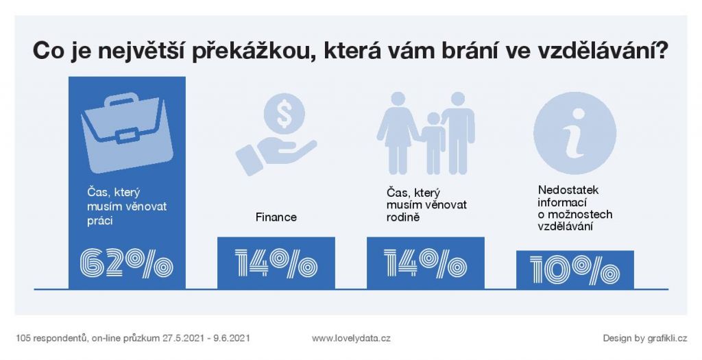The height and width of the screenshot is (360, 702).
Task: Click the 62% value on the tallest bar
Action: pyautogui.click(x=126, y=263)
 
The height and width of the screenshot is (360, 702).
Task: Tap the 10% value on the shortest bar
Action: pyautogui.click(x=574, y=270)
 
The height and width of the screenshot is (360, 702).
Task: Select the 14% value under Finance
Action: pyautogui.click(x=276, y=263)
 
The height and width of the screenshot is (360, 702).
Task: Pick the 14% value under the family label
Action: pyautogui.click(x=425, y=263)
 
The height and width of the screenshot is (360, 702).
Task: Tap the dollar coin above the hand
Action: pyautogui.click(x=284, y=114)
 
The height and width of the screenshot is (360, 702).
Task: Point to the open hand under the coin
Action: pyautogui.click(x=276, y=154)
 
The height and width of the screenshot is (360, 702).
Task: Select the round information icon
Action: pyautogui.click(x=574, y=133)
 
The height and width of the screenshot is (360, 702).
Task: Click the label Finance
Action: pyautogui.click(x=276, y=217)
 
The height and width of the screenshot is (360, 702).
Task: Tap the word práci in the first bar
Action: pyautogui.click(x=100, y=221)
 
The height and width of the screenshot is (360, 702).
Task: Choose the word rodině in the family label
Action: pyautogui.click(x=403, y=218)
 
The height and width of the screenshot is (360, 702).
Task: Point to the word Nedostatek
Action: pyautogui.click(x=568, y=191)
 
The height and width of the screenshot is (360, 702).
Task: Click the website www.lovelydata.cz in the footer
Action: pyautogui.click(x=351, y=339)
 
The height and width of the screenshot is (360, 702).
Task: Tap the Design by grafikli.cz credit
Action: pyautogui.click(x=644, y=339)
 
